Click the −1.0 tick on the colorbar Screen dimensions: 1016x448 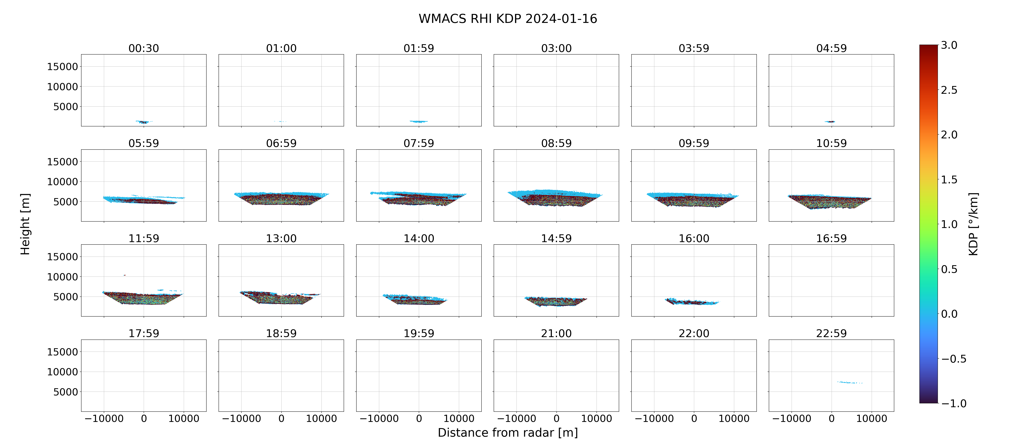(954, 403)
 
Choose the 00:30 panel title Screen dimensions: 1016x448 (144, 48)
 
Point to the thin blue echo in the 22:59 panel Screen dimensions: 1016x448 (850, 382)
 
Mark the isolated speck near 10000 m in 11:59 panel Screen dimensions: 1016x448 (125, 275)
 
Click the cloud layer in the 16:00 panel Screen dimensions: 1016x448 (692, 302)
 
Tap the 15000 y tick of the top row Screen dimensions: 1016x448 (62, 67)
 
